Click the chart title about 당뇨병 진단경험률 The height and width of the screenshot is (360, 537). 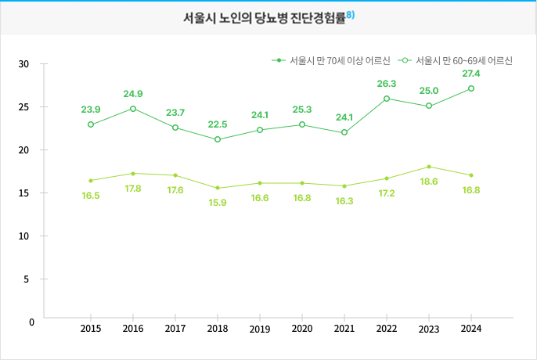264,18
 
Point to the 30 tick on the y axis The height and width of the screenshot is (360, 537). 23,63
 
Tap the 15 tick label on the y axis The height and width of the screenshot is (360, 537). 23,193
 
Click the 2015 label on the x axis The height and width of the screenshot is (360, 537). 91,329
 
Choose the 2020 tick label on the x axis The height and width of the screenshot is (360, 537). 302,329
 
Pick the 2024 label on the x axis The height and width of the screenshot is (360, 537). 471,329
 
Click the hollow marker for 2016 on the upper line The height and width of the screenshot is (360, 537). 133,109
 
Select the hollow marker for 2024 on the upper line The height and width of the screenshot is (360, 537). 471,88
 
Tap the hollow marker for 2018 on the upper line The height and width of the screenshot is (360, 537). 218,139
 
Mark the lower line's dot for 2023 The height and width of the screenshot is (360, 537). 429,167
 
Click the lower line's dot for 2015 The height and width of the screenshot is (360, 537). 91,180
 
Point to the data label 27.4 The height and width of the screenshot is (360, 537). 471,74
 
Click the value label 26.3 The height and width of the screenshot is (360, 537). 387,84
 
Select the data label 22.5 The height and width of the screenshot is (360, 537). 218,124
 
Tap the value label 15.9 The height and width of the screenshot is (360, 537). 218,203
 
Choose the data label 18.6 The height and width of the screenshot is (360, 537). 429,182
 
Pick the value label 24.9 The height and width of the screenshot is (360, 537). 133,94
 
